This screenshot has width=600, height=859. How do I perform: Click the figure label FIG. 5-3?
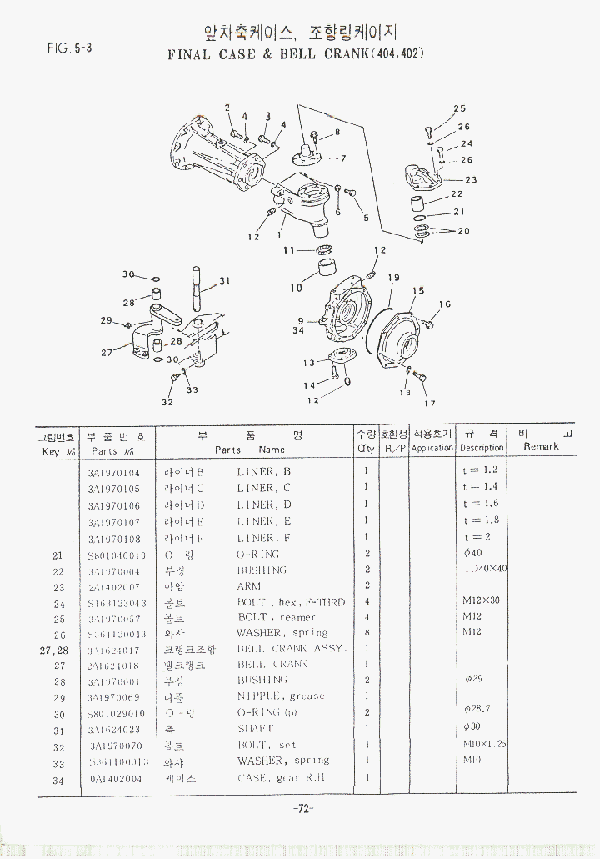point(69,48)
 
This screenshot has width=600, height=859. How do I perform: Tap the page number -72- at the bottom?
point(302,808)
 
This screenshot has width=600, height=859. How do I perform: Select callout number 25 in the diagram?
point(459,108)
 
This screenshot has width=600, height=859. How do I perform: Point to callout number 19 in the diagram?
point(393,278)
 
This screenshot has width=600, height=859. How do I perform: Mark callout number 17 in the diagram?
point(430,404)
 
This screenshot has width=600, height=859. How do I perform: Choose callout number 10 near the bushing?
point(297,288)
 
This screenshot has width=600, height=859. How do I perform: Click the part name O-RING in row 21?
point(258,554)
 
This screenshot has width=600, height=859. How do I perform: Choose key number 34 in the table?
point(57,780)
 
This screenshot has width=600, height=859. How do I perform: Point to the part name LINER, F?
point(264,538)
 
